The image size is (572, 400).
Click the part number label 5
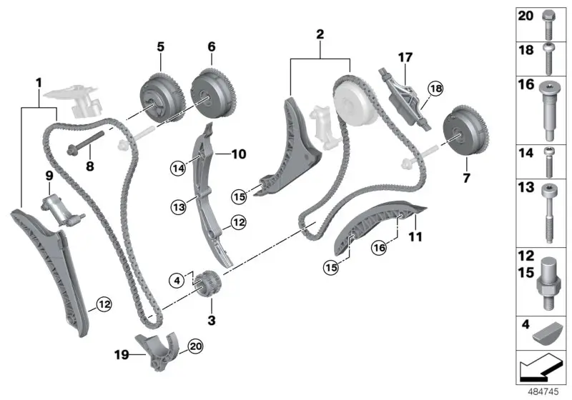click(160, 46)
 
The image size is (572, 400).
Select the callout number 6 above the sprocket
click(211, 46)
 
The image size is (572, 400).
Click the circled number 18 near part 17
click(435, 89)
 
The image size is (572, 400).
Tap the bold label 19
click(121, 352)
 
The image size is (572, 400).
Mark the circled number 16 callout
click(379, 247)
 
